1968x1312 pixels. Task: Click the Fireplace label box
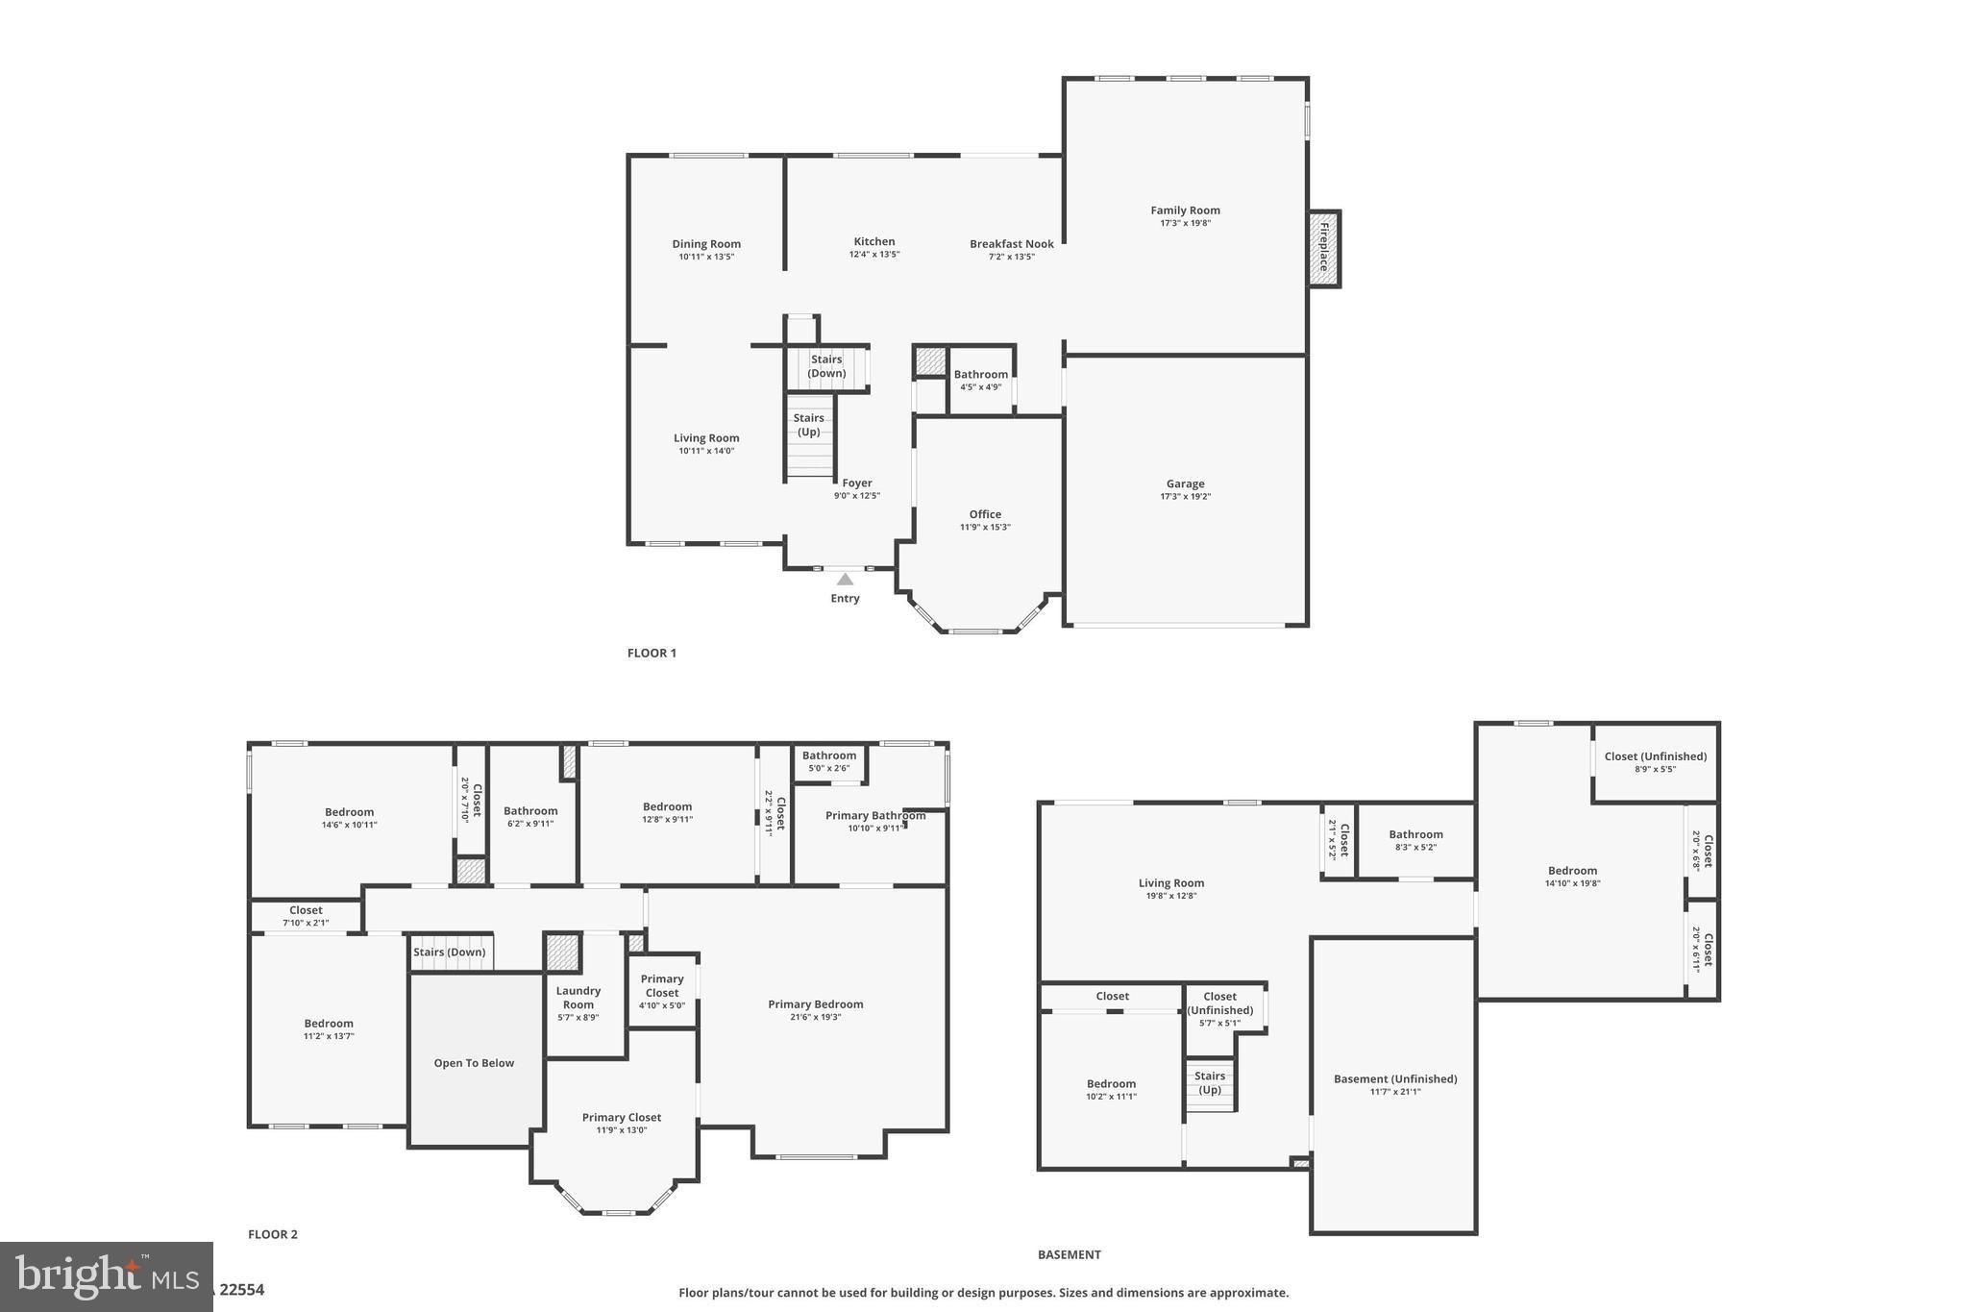1323,248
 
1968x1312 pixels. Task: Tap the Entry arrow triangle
845,580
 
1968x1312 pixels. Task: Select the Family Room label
1185,210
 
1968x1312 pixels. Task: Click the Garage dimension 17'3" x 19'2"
1185,497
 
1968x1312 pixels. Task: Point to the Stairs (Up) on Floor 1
808,425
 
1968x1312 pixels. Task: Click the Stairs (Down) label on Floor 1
826,366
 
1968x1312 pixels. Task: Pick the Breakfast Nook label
1011,244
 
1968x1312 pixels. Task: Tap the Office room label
985,514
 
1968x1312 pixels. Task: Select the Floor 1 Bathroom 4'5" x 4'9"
980,381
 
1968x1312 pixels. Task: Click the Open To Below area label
474,1063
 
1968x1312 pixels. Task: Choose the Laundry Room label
578,998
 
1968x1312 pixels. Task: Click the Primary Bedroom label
815,1004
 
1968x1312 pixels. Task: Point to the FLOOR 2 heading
273,1234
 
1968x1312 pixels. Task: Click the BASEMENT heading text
1069,1254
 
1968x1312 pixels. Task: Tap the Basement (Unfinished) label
1394,1079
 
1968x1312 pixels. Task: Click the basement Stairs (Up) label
1210,1082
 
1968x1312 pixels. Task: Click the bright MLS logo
106,1276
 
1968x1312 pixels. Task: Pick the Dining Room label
706,244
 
